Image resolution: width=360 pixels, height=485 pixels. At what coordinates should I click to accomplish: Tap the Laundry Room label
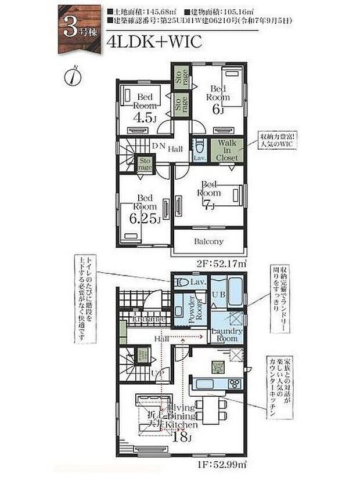click(225, 335)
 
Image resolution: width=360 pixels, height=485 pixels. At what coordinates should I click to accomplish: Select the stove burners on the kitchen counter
click(236, 383)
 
